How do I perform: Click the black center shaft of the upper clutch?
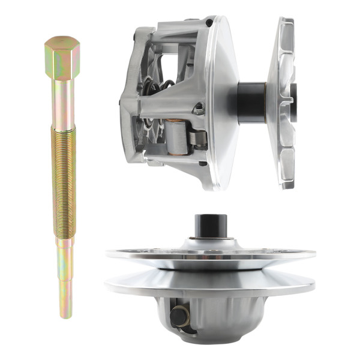(x=251, y=102)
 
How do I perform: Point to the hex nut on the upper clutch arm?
(x=198, y=110)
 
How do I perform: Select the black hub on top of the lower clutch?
(x=210, y=227)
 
